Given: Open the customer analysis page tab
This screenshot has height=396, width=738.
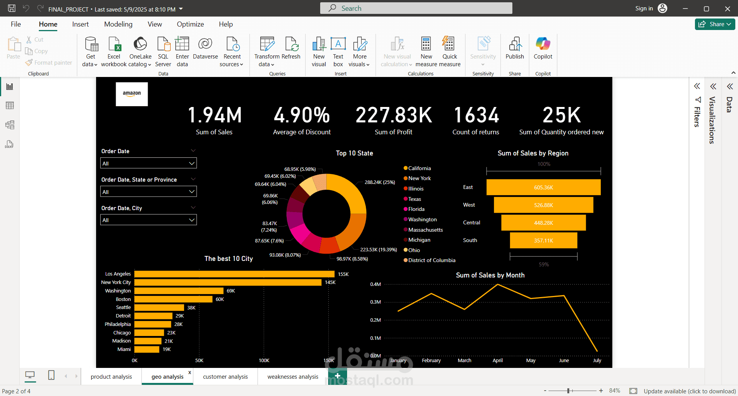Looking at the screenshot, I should tap(225, 377).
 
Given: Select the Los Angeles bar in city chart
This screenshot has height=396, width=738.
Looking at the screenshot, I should tap(234, 274).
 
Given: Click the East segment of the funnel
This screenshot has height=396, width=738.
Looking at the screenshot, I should tap(543, 187).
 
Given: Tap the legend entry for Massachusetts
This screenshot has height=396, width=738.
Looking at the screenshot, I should tap(425, 230).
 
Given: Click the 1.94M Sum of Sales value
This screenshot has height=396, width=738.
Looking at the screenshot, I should tap(214, 115).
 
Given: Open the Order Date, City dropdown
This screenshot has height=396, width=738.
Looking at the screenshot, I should tap(148, 220).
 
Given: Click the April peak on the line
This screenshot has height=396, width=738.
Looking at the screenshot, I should tap(498, 284).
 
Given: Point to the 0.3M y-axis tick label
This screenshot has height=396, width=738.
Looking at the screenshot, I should tap(375, 302).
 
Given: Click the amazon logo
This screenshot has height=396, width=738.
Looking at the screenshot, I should tap(132, 94).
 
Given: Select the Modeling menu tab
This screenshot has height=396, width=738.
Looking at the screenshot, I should tap(118, 24).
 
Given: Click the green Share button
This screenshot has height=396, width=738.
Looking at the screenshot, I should tap(715, 24).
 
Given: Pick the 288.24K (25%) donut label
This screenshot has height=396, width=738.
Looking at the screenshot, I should tap(380, 182).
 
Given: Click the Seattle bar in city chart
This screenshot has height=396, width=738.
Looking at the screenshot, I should tap(159, 307).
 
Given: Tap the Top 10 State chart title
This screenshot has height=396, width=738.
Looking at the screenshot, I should tap(354, 153).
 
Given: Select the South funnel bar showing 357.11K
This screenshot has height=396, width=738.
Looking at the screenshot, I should tap(543, 241).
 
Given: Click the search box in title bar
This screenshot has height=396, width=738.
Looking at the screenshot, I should tap(416, 8).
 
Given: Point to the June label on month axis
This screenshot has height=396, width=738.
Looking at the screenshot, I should tap(563, 361).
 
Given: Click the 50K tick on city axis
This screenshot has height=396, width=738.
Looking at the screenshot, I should tap(199, 361).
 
